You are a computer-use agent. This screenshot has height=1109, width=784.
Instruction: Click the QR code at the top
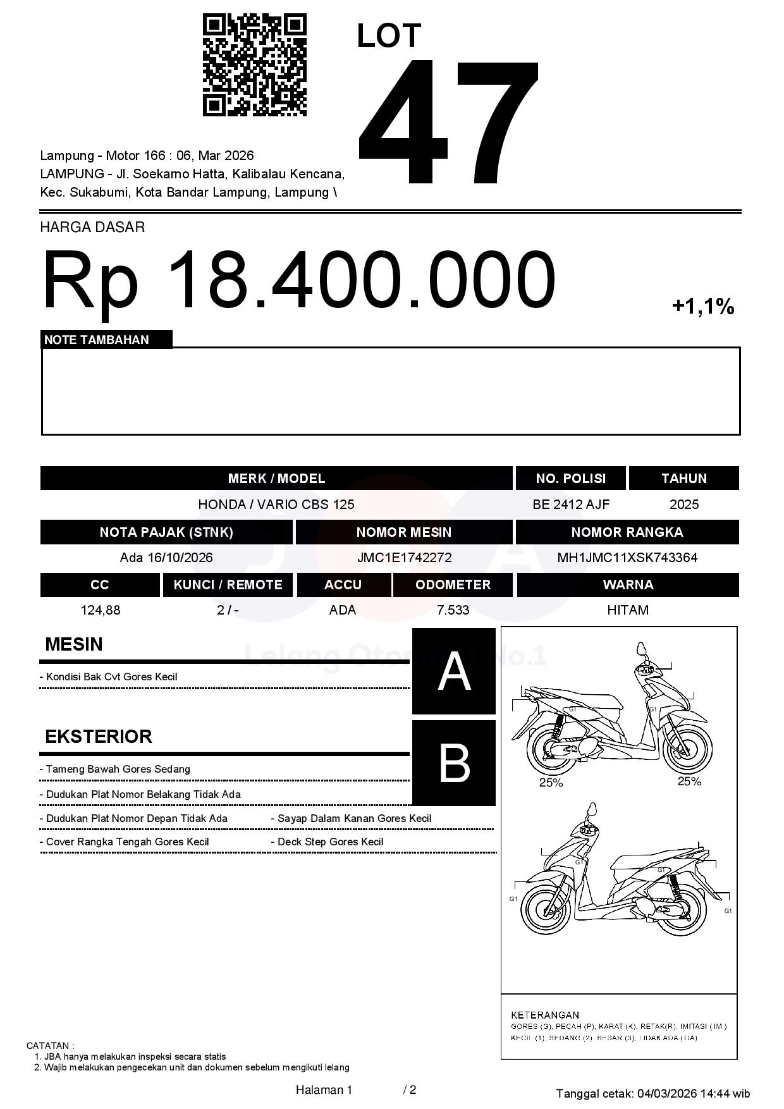(x=254, y=65)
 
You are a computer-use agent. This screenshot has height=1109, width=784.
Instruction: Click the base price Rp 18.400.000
(x=298, y=279)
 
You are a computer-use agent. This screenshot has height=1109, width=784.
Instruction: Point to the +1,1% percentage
(x=702, y=307)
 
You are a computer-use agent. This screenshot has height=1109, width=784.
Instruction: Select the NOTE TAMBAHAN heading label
(x=97, y=340)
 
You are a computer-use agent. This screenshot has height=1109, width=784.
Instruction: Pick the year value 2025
(x=683, y=505)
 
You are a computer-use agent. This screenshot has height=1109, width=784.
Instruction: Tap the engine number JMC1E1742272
(x=404, y=558)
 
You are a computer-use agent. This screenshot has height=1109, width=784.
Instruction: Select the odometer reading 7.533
(x=453, y=610)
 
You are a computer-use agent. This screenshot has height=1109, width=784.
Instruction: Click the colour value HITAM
(x=627, y=610)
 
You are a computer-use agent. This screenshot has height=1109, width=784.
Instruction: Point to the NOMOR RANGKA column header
(x=627, y=532)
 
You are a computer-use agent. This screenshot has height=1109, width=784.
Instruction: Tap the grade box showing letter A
(x=454, y=671)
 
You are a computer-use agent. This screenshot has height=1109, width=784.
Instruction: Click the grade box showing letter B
(x=454, y=763)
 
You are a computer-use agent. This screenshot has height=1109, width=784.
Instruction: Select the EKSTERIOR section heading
(x=99, y=737)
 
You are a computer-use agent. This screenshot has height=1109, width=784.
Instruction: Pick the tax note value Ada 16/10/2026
(x=166, y=558)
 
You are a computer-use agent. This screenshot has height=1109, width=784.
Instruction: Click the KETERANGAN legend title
(x=544, y=1015)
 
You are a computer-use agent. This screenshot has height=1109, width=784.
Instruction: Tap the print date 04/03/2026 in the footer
(x=667, y=1093)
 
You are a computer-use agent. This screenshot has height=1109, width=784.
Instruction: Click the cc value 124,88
(x=100, y=610)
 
